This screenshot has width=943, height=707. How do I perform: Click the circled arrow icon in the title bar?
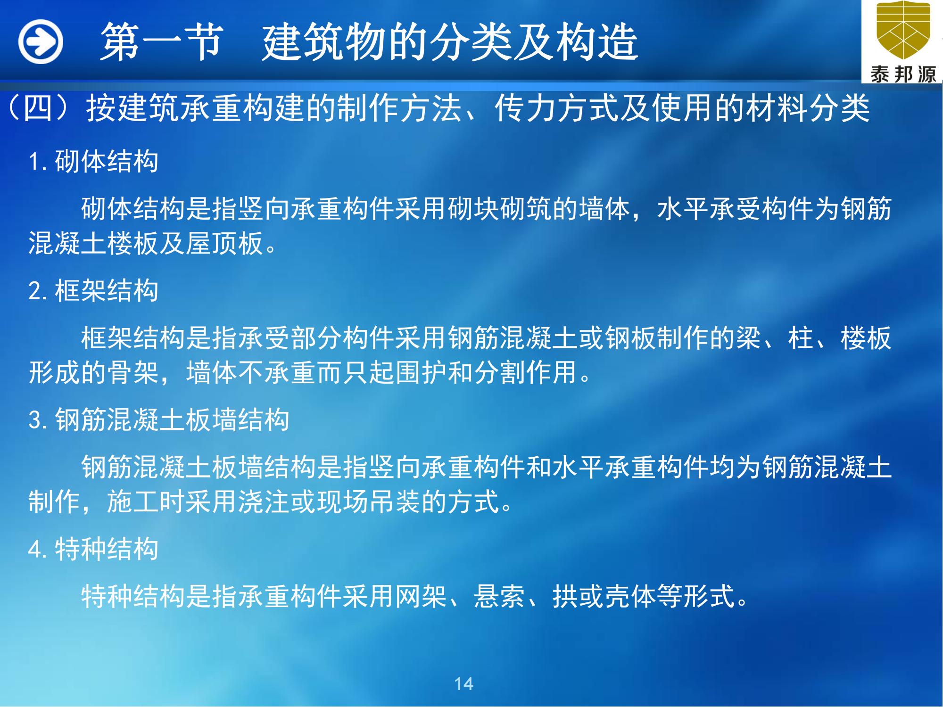point(41,41)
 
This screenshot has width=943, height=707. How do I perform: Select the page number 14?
point(464,683)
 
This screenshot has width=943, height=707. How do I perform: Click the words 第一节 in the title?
point(161,42)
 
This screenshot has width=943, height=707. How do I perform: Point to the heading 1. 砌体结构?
point(93,161)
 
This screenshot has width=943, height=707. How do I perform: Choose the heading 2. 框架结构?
point(93,290)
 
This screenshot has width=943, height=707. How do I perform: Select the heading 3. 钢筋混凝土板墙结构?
point(159,419)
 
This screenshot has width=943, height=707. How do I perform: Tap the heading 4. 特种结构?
point(93,549)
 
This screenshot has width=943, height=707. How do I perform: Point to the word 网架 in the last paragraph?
point(421,597)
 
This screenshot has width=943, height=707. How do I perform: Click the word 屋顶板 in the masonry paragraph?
point(224,244)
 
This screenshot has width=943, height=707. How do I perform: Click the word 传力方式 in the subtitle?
point(557,108)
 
